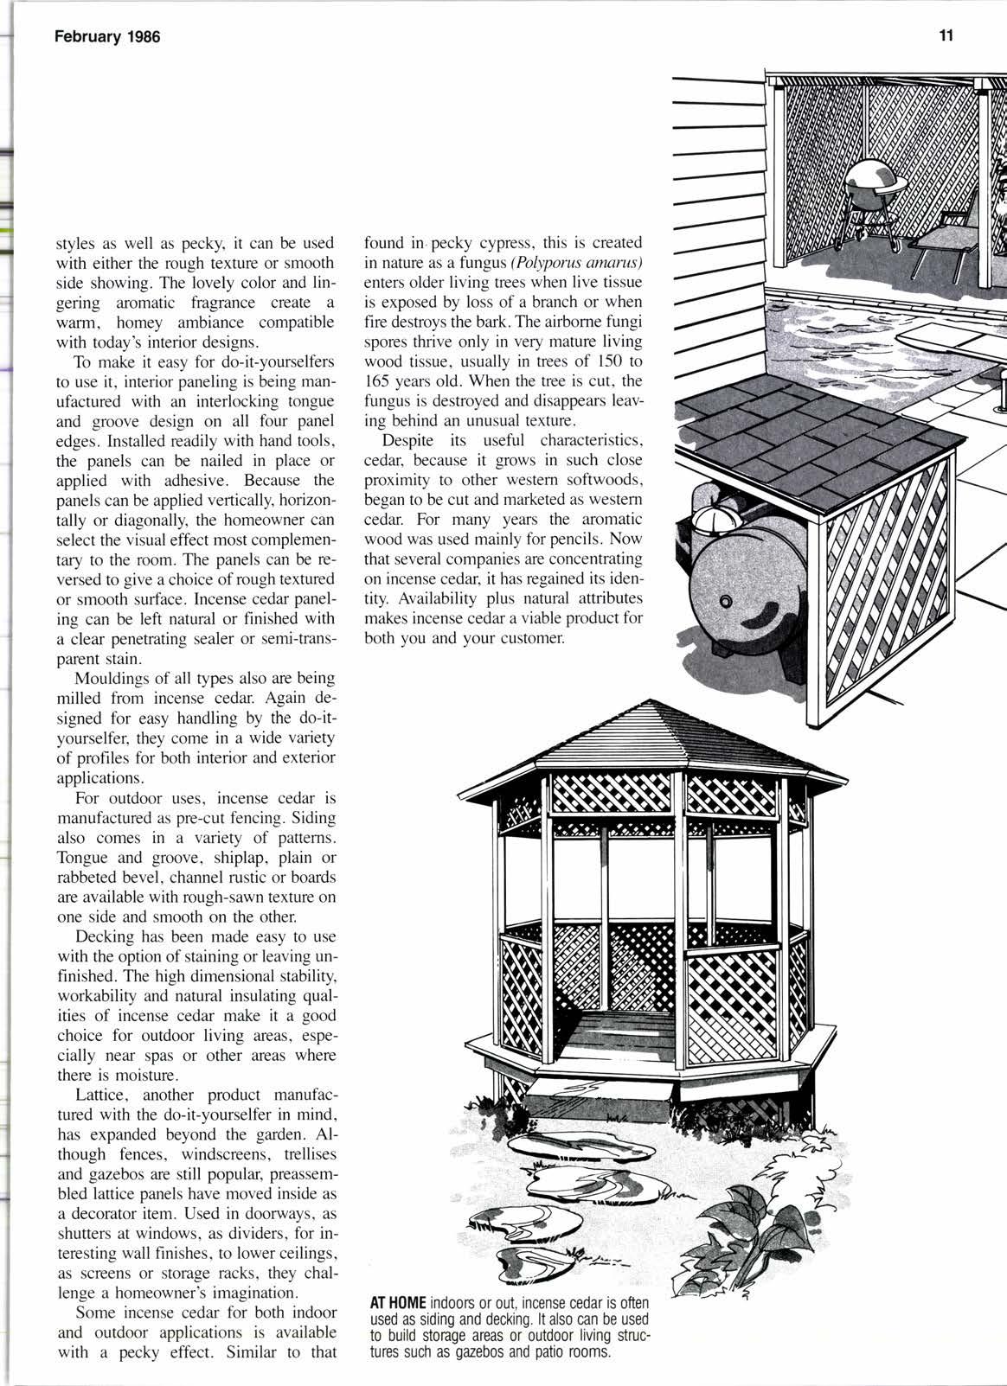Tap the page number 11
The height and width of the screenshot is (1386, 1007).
(945, 36)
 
